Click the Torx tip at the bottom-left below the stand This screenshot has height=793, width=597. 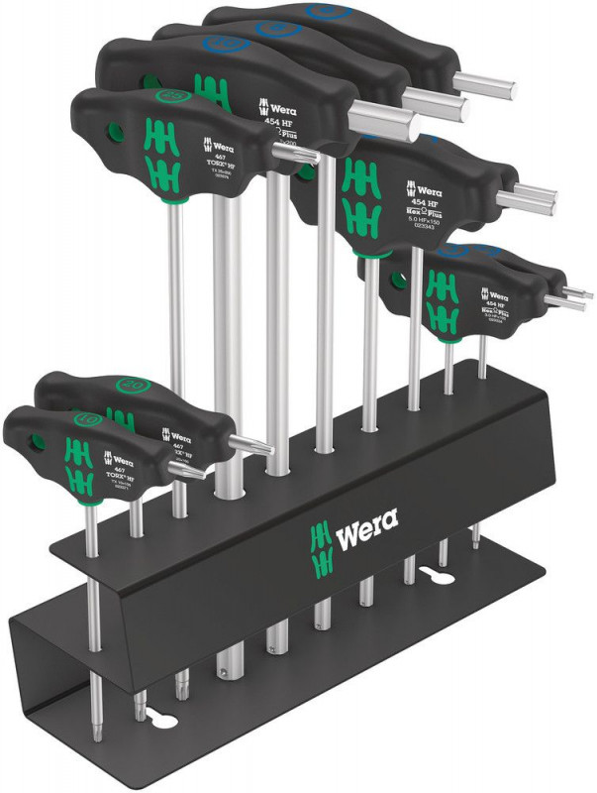pyautogui.click(x=94, y=711)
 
